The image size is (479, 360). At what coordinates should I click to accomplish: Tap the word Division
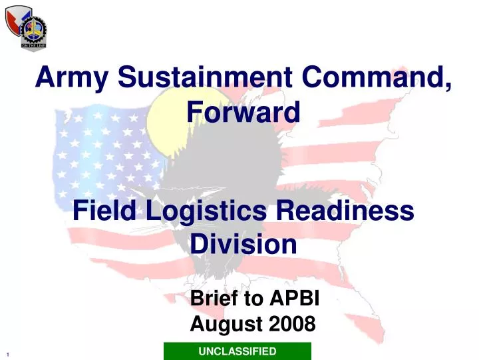click(x=243, y=245)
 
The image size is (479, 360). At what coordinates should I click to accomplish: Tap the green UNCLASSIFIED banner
click(x=238, y=351)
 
